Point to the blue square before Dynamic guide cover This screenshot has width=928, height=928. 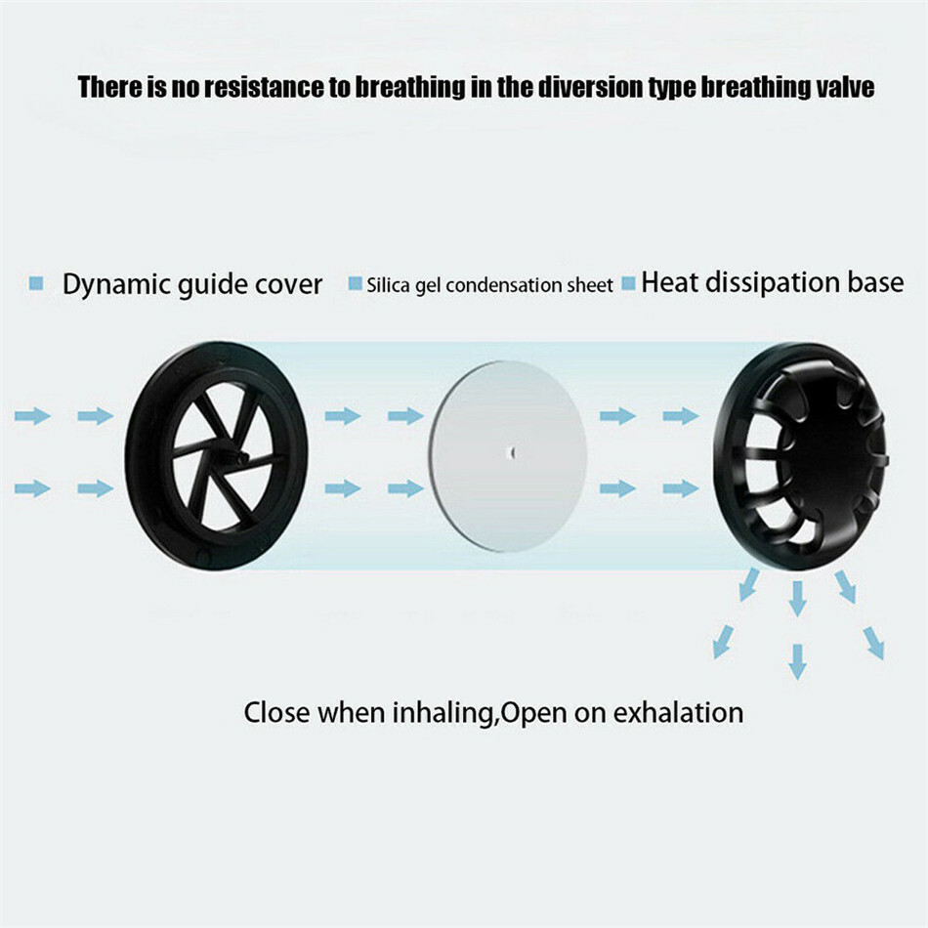pyautogui.click(x=37, y=283)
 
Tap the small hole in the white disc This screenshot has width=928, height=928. pyautogui.click(x=511, y=451)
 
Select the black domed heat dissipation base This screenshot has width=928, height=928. pyautogui.click(x=810, y=455)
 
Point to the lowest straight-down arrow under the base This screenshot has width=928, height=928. pyautogui.click(x=798, y=661)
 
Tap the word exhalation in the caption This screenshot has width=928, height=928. pyautogui.click(x=678, y=712)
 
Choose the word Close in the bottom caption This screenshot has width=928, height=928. pyautogui.click(x=275, y=712)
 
